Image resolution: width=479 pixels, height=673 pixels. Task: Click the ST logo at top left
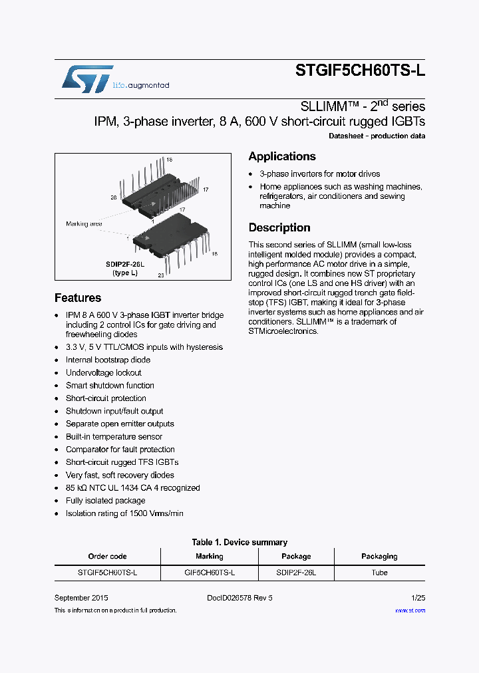click(87, 78)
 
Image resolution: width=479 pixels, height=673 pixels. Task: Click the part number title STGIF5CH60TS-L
click(359, 74)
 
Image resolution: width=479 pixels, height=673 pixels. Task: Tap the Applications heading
click(282, 157)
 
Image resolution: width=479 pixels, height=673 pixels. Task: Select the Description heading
click(279, 227)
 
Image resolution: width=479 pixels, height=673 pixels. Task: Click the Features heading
click(78, 298)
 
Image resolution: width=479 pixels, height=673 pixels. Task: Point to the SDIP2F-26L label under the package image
click(124, 264)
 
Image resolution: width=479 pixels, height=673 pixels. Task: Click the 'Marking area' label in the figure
click(84, 224)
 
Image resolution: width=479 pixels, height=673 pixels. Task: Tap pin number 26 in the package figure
click(113, 198)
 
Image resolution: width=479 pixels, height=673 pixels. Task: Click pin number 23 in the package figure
click(160, 275)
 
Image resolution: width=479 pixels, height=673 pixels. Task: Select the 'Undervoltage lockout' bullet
click(103, 373)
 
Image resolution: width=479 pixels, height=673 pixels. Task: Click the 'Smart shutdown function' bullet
click(110, 386)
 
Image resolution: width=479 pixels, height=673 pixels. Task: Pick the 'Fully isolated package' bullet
click(105, 501)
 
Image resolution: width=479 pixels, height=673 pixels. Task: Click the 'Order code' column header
click(107, 557)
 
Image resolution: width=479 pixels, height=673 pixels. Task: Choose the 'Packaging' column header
click(379, 557)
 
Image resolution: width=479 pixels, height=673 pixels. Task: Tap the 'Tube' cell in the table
click(379, 573)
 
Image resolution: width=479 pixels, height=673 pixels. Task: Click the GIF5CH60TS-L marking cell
click(209, 573)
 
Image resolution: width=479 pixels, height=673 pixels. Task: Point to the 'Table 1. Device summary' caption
click(239, 542)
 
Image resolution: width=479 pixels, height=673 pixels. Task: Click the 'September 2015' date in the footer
click(81, 598)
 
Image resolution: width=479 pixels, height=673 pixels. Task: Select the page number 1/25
click(417, 598)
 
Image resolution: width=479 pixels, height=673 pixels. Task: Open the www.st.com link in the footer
click(410, 610)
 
